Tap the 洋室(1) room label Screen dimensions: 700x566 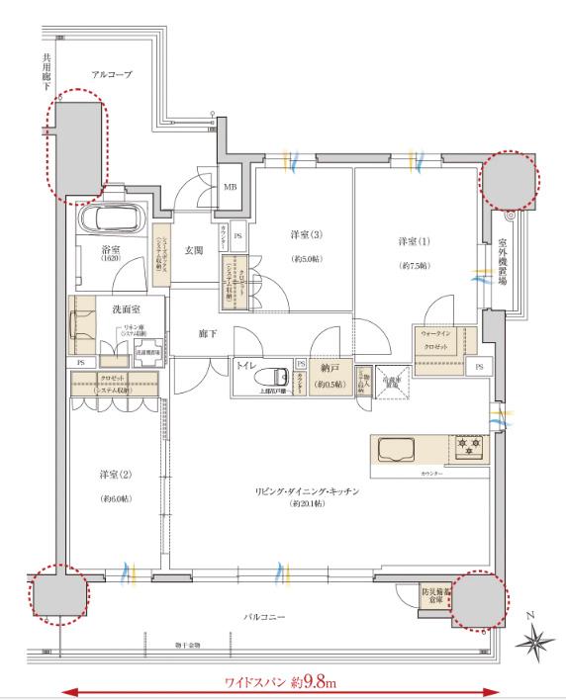click(x=415, y=242)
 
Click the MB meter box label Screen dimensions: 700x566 click(x=230, y=186)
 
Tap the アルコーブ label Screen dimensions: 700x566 click(x=112, y=74)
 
